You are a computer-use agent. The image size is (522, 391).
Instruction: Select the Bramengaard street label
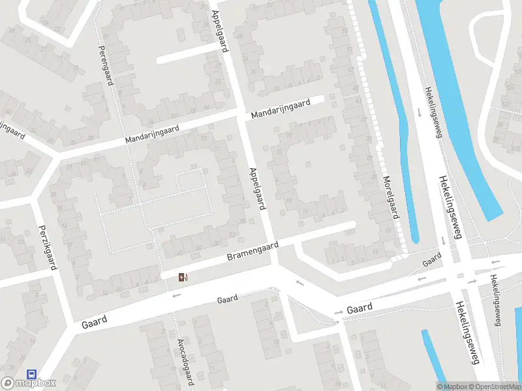pos(253,252)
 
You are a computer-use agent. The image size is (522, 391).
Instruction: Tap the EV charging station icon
pos(183,278)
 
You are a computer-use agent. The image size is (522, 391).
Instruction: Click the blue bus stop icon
pos(31,374)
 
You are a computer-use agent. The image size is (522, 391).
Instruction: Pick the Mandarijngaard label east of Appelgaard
pos(281,108)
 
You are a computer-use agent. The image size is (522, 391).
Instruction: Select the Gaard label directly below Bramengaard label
pos(227,299)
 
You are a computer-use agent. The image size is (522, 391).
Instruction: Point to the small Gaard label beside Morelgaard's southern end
pos(431,261)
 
